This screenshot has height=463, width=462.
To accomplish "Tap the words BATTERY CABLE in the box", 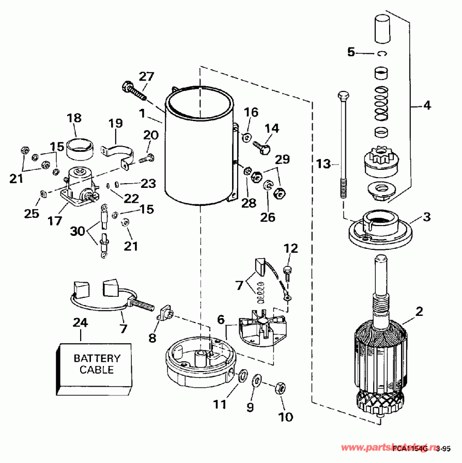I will pyautogui.click(x=97, y=364).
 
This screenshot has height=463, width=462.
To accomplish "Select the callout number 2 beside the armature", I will pyautogui.click(x=419, y=311).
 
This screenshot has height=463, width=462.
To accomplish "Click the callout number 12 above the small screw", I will pyautogui.click(x=290, y=249).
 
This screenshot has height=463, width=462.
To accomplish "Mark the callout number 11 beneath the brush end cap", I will pyautogui.click(x=220, y=405).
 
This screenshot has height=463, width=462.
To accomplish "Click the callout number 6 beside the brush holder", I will pyautogui.click(x=221, y=320).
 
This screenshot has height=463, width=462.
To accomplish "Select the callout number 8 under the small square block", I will pyautogui.click(x=152, y=338).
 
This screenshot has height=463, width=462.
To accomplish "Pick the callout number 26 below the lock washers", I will pyautogui.click(x=268, y=217).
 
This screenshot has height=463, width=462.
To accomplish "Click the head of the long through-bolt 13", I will pyautogui.click(x=343, y=95).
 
